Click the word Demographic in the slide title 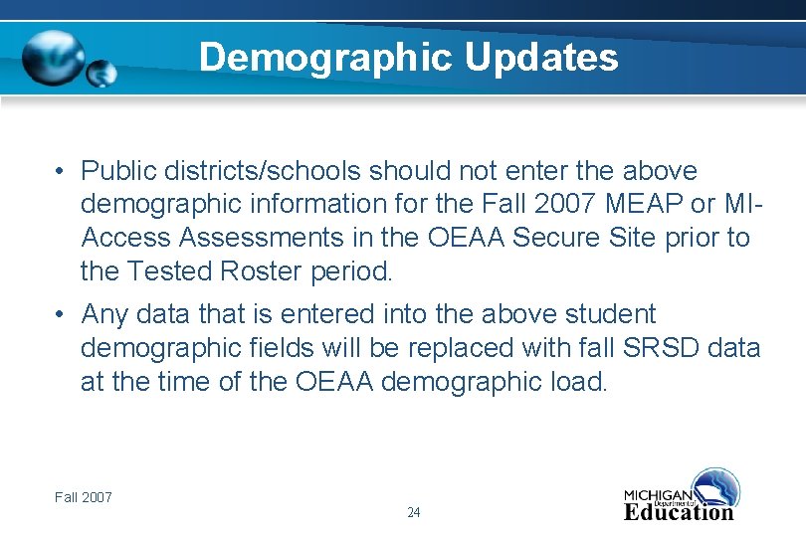[x=324, y=58]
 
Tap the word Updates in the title [x=541, y=58]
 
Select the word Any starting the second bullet [x=104, y=314]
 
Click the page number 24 [x=414, y=512]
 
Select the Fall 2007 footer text [x=84, y=496]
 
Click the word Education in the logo [x=679, y=512]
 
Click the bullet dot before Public [x=61, y=172]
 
